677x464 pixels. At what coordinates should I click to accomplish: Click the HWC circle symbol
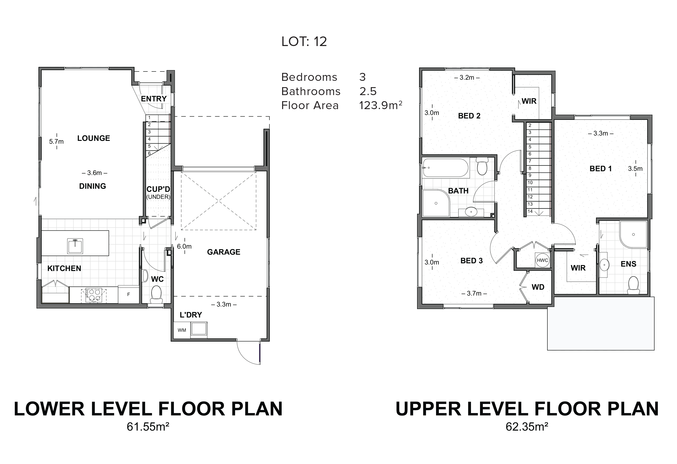point(542,260)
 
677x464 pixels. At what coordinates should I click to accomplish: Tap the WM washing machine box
point(182,330)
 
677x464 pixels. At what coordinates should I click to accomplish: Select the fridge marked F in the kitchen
point(128,295)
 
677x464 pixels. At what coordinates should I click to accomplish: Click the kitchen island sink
point(75,246)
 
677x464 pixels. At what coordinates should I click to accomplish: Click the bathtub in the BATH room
point(445,168)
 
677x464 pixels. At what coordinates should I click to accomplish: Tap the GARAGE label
point(224,252)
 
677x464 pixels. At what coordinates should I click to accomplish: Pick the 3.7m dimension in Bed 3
point(474,293)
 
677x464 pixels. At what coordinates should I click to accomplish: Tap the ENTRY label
point(154,99)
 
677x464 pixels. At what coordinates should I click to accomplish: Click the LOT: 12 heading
point(304,42)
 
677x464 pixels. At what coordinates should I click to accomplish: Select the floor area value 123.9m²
point(380,105)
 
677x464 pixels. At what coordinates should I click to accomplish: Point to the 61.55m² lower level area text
point(148,427)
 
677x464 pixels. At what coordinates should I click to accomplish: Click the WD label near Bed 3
point(538,287)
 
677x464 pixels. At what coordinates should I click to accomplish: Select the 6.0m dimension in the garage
point(184,246)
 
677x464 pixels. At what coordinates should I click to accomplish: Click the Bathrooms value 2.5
point(368,91)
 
